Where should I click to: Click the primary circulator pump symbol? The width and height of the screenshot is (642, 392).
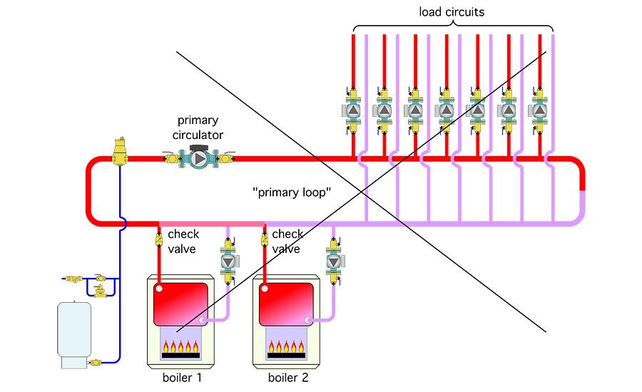click(x=195, y=158)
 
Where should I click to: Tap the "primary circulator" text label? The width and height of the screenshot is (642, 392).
click(x=198, y=128)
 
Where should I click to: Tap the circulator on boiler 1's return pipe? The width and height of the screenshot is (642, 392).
click(x=228, y=262)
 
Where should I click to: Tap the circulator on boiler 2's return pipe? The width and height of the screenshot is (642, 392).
click(x=333, y=261)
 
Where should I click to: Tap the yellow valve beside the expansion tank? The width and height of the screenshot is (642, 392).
click(x=96, y=363)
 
